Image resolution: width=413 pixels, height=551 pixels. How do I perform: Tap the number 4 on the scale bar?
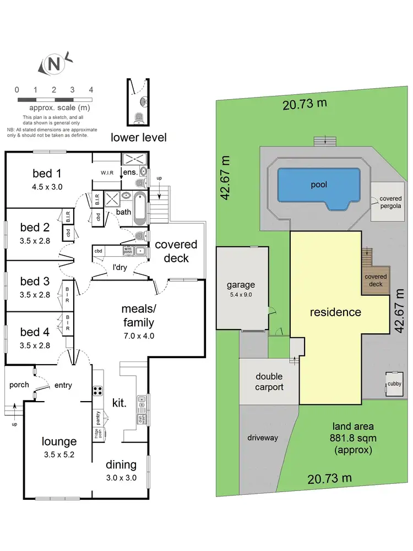[91, 90]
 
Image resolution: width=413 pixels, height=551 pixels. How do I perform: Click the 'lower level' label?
[139, 137]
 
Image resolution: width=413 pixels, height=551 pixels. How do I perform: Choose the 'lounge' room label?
[59, 441]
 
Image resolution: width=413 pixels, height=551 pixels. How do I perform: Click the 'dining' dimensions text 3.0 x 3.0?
[121, 478]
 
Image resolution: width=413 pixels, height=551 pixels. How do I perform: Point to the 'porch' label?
[18, 385]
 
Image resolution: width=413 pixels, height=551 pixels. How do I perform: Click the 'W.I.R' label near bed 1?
[107, 173]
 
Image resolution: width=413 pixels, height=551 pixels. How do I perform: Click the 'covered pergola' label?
[390, 202]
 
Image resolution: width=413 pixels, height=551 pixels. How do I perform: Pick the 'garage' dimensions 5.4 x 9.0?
[241, 294]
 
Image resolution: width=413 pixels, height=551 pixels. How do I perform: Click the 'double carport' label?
[269, 382]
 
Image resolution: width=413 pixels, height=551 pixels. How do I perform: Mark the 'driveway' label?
[262, 437]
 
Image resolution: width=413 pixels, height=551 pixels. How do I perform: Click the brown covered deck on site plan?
[376, 280]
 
